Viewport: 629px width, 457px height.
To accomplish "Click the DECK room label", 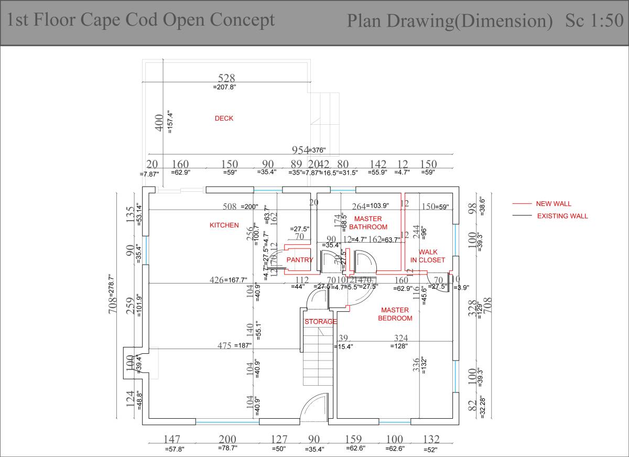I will coord(224,118).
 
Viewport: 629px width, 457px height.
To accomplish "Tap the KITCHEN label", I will coord(224,225).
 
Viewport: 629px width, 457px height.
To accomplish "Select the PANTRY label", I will coord(300,260).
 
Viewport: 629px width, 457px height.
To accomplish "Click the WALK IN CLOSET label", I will coord(428,256).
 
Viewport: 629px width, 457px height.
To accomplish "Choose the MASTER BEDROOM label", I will coord(395,314).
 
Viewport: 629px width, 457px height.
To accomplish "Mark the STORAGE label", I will coord(321,322).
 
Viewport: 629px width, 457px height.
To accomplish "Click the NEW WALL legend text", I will coord(553,204).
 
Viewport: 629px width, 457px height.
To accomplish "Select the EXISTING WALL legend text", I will coord(562,216).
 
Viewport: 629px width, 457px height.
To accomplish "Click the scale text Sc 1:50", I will coord(594,21).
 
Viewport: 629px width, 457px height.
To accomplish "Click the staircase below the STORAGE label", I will coord(318,356).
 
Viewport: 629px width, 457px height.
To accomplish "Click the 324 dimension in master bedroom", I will coord(400,338).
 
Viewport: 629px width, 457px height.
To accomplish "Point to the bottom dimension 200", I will coord(227,439).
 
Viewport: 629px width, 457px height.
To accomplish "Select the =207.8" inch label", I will coord(224,88).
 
